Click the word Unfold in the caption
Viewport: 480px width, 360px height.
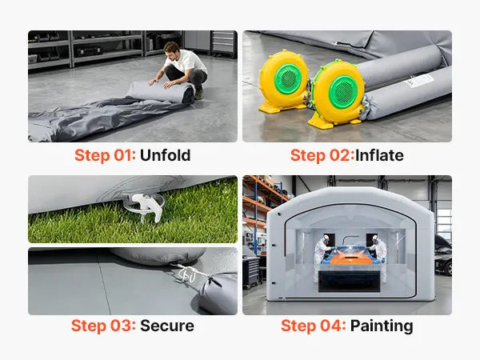click(166, 155)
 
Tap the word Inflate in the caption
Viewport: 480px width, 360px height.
click(379, 155)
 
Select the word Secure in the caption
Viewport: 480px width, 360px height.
click(167, 326)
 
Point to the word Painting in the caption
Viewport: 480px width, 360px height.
click(382, 326)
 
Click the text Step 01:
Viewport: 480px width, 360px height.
click(105, 155)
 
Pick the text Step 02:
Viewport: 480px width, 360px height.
click(322, 155)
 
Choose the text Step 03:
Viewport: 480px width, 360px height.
click(103, 326)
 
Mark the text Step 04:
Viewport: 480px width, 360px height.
click(314, 326)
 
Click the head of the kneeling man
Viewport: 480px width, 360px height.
click(170, 50)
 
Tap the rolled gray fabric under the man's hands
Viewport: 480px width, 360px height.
click(161, 92)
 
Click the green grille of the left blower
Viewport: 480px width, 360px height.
click(288, 78)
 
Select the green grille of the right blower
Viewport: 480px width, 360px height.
click(343, 91)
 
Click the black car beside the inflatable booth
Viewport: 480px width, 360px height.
click(443, 256)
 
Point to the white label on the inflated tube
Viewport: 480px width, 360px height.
click(419, 81)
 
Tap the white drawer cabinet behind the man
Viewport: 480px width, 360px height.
click(224, 43)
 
